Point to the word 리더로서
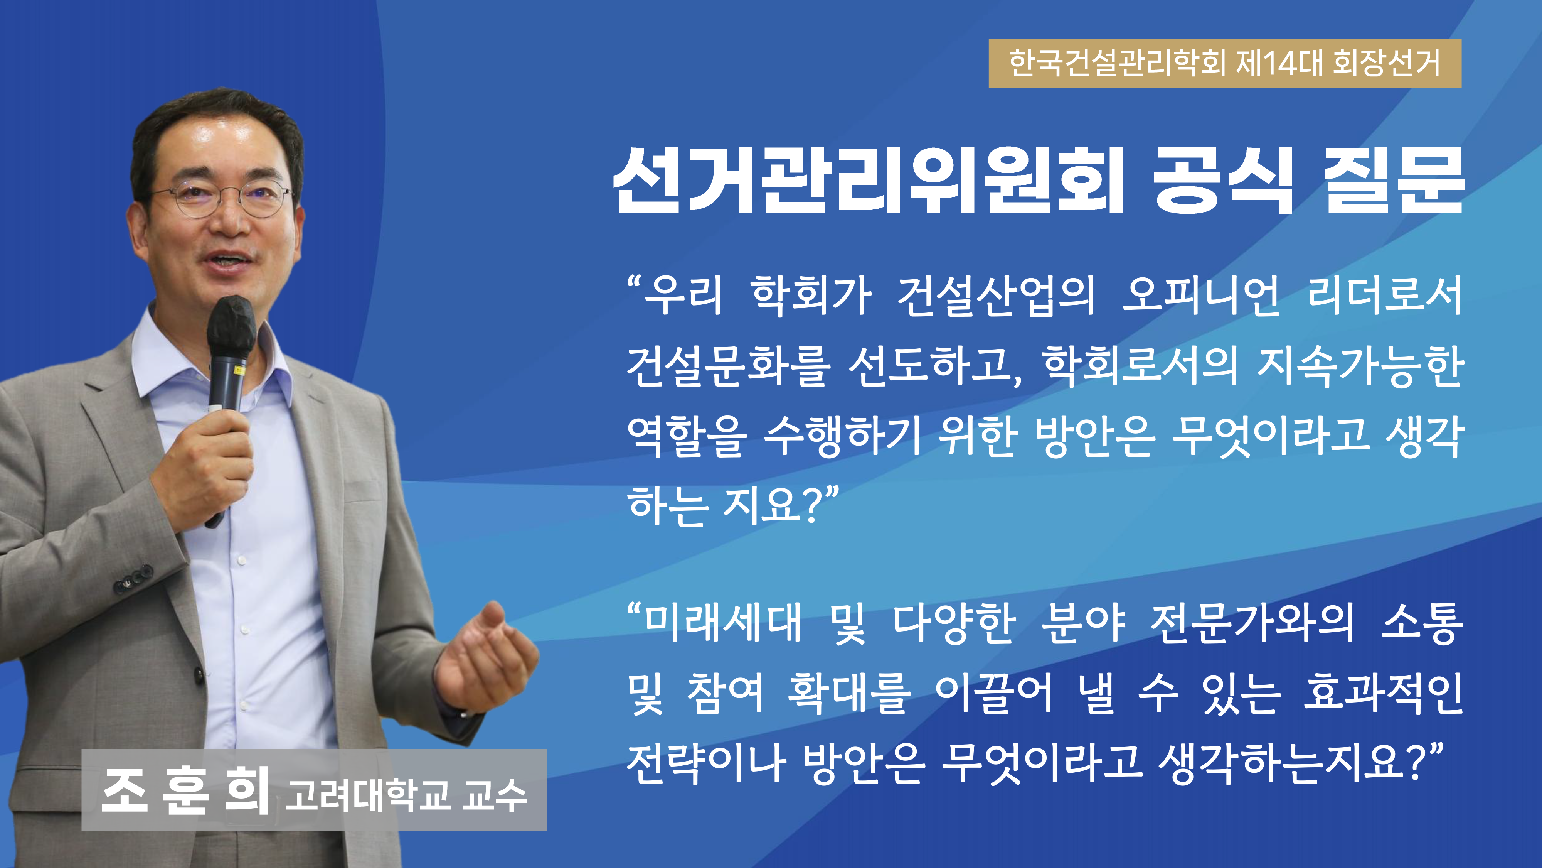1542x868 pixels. [1385, 296]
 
